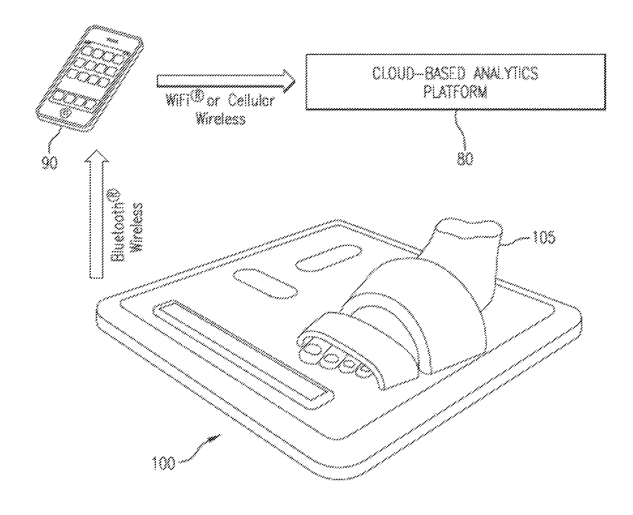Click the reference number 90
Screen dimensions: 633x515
click(50, 163)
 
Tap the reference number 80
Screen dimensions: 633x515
click(465, 159)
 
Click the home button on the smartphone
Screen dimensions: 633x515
click(64, 113)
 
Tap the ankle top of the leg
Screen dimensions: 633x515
click(468, 230)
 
